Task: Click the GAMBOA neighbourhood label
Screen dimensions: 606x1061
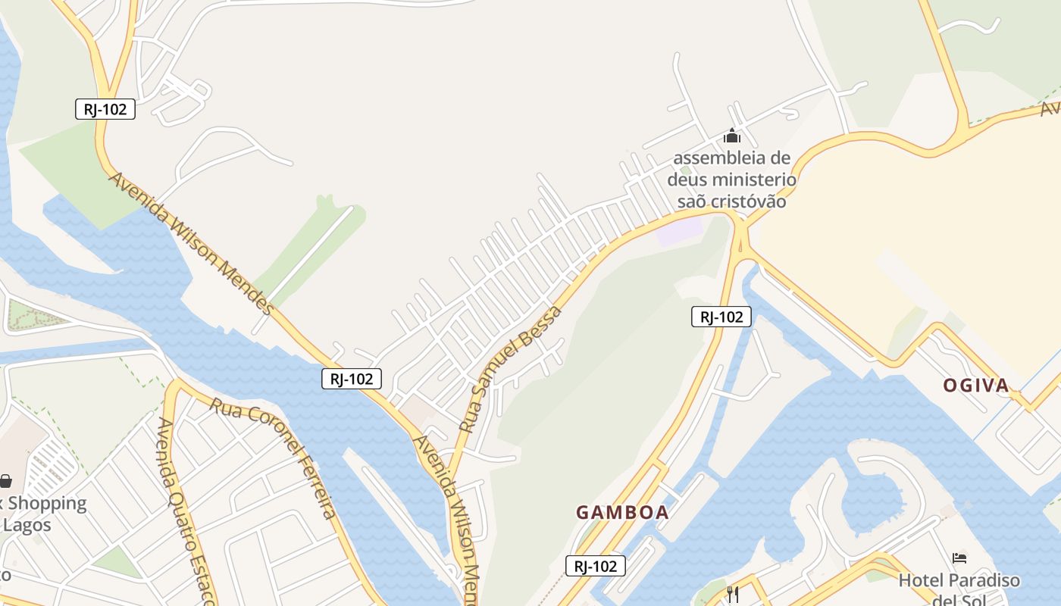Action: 622,512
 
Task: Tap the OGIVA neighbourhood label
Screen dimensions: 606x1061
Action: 976,386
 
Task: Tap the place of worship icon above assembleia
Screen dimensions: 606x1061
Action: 731,136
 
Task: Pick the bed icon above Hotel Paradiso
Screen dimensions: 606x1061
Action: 959,559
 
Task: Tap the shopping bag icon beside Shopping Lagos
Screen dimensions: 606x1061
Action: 5,481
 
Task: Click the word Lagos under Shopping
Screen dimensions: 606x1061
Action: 27,524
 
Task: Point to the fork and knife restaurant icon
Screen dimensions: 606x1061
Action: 732,594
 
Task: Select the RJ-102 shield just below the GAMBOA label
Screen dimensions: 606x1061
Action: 595,565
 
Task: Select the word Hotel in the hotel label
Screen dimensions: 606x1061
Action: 920,581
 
